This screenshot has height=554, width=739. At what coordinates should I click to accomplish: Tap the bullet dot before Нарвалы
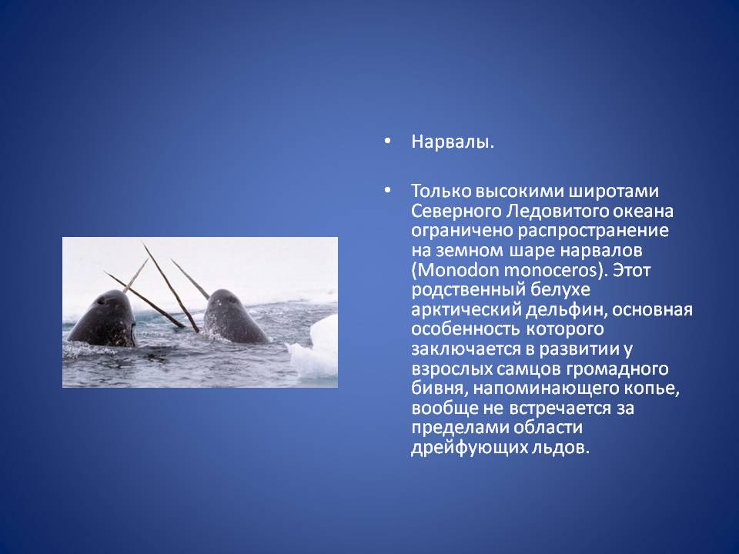pos(387,141)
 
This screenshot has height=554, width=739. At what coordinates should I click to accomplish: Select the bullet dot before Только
pos(387,190)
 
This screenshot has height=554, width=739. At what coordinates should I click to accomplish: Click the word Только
pos(440,192)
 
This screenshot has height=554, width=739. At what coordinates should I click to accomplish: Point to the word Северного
pos(456,211)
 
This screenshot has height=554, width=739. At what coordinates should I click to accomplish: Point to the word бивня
pos(440,389)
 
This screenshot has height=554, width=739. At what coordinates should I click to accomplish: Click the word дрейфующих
pos(462,448)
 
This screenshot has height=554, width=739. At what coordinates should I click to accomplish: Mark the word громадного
pos(617,369)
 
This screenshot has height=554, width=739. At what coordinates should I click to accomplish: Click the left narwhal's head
pos(104,318)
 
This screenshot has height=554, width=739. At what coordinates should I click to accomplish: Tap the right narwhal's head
pos(232,316)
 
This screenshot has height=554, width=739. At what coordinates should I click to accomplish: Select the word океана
pos(643,211)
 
